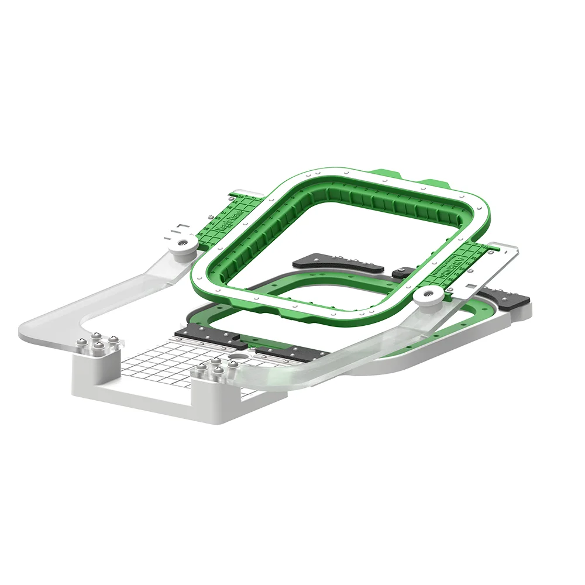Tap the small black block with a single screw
point(402,272)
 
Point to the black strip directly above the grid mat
point(208,338)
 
